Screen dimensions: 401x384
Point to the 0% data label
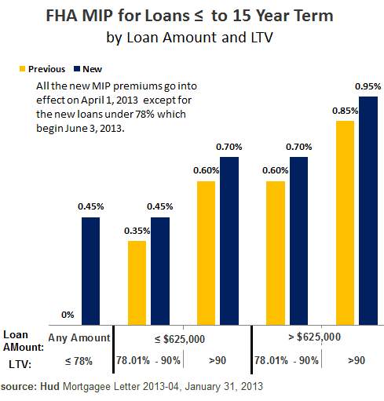[68, 315]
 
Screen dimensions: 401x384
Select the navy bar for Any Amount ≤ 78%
[91, 271]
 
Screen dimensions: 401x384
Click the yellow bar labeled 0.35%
[137, 283]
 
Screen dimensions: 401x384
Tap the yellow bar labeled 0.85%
[345, 223]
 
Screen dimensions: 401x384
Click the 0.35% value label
[137, 231]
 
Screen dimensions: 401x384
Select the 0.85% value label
[345, 111]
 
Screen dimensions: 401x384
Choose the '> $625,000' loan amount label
[315, 337]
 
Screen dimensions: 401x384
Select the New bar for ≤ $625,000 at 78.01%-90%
[160, 271]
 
